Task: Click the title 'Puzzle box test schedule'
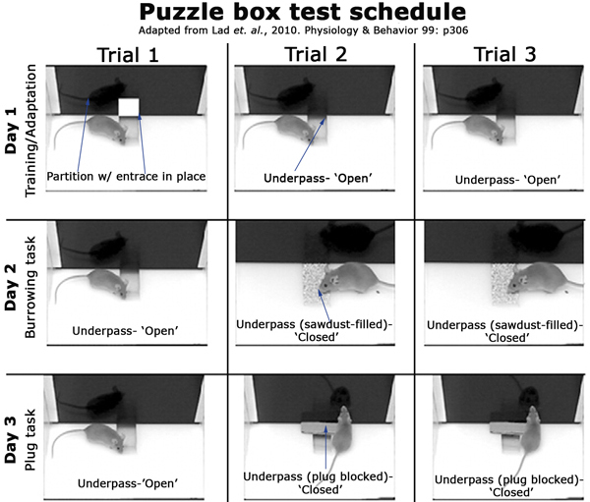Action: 303,13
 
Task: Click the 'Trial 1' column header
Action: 128,55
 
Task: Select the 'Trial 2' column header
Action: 316,54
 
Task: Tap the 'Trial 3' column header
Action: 505,54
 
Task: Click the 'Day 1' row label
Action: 11,130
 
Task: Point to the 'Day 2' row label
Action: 11,287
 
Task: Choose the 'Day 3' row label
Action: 11,439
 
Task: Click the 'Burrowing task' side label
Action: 29,287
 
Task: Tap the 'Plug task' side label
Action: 29,439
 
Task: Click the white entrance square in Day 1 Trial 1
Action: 129,107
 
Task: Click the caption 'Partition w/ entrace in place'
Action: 126,177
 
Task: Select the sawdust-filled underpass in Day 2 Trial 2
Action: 313,284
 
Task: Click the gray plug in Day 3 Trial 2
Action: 319,427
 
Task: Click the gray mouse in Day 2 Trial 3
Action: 543,279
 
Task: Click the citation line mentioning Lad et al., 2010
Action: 303,30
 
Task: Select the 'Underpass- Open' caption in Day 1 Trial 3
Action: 507,180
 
